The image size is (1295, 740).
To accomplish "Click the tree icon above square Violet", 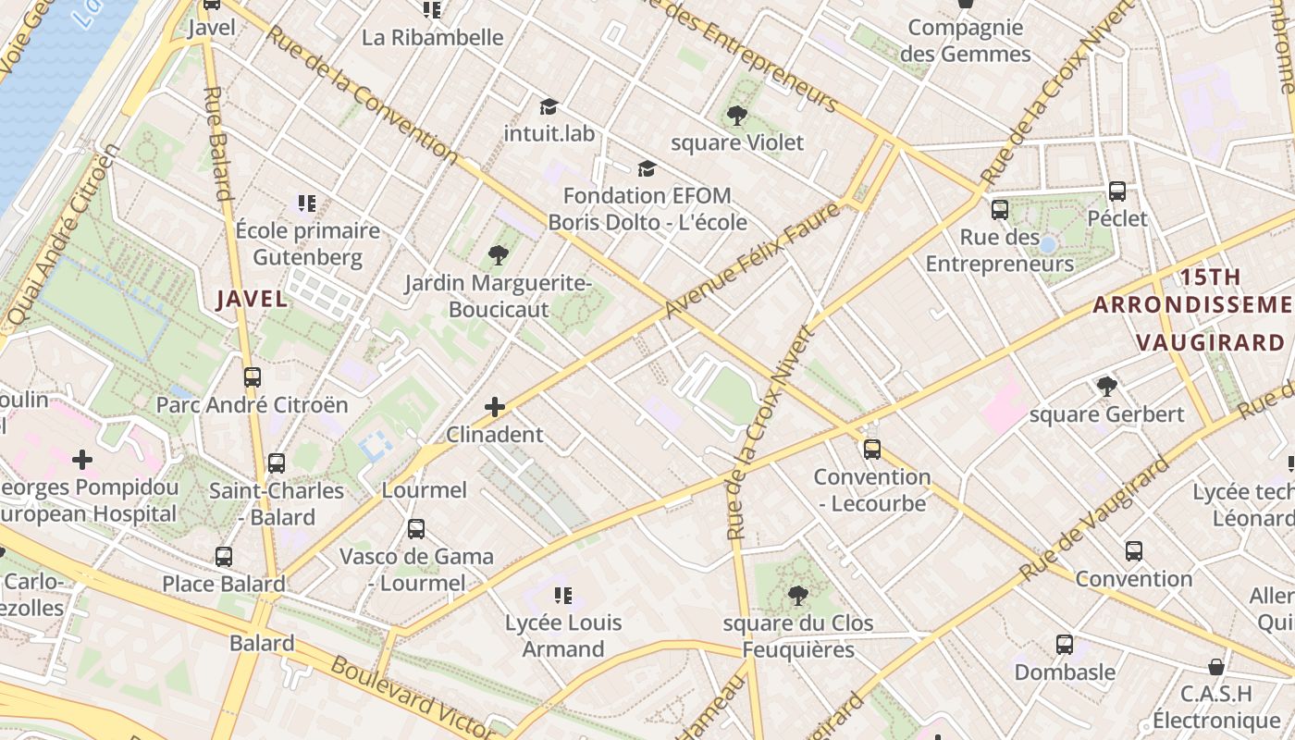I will (736, 116).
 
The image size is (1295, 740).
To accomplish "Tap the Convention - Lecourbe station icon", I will (871, 450).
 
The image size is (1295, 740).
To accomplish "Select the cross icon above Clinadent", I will (495, 406).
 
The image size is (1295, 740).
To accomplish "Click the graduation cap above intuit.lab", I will (549, 106).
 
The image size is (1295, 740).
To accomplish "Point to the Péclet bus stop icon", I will (1117, 191).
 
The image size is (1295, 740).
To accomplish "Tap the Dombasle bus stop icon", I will (1065, 644).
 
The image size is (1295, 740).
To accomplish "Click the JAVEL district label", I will (252, 299).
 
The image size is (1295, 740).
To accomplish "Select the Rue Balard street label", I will (216, 143).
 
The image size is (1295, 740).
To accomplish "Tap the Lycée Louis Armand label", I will (562, 635).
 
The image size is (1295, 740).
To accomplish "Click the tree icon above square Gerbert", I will (1106, 387).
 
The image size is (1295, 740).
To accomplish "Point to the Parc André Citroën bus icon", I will (252, 377).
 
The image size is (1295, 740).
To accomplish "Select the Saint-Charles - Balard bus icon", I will (276, 463).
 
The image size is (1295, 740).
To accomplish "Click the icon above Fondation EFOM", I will (647, 168).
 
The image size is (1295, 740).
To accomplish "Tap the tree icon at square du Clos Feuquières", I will (797, 596).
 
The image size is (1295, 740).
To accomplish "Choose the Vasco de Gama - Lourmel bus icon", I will (416, 529).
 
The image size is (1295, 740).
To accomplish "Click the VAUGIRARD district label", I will (1210, 342).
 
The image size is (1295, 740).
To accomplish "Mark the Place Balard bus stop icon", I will (223, 557).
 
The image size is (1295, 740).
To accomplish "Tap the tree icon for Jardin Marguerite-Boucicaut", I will (498, 254).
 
